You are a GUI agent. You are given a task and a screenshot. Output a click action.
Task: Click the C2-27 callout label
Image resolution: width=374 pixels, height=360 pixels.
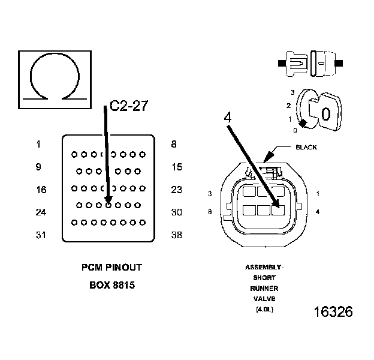point(128,107)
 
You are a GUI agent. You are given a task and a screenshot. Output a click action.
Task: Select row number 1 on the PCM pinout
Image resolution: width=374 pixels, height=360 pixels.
point(38,144)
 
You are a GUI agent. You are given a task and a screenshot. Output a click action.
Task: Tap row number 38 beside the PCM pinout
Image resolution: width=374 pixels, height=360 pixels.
point(176,235)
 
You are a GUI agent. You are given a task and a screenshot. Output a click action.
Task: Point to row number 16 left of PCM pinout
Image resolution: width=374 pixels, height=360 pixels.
point(41,190)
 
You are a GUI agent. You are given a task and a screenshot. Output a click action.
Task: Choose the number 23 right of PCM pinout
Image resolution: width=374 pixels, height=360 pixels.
point(176,190)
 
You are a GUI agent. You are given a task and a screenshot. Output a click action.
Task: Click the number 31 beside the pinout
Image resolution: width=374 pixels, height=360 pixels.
point(41,235)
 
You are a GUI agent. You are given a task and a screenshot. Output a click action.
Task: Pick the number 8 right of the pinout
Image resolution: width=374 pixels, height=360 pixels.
point(174,144)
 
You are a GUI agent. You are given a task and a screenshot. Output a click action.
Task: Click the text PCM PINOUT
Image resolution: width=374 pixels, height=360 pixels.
point(111,268)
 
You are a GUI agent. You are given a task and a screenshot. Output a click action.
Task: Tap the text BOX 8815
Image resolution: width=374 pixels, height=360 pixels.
point(111,285)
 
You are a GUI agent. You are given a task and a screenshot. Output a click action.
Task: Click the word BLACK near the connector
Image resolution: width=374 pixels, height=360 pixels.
point(306,147)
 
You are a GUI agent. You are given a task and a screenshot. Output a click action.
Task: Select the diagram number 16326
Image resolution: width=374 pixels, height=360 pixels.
point(333,312)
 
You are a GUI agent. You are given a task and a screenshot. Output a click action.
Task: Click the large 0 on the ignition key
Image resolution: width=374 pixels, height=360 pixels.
point(327,113)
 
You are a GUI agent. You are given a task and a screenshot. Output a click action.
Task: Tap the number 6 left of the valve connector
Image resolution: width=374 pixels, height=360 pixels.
point(210,211)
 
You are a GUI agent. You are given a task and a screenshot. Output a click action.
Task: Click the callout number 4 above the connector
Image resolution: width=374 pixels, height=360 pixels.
point(228,118)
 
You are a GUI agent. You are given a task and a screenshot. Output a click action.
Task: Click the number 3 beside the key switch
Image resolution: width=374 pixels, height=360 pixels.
point(292,92)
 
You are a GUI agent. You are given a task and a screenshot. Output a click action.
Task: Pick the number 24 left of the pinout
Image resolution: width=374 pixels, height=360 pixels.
point(41,212)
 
